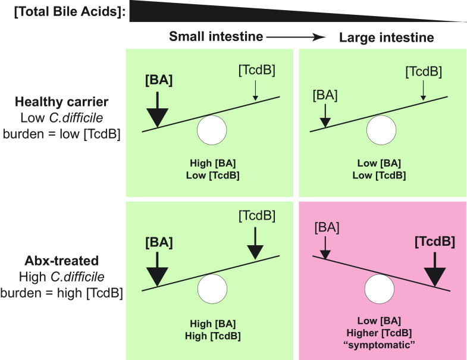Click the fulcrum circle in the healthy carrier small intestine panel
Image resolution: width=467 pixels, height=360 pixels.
point(212,130)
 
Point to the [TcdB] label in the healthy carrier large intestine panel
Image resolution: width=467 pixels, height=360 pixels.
point(422,72)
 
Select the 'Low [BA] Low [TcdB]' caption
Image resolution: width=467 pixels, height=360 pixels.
point(380,170)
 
